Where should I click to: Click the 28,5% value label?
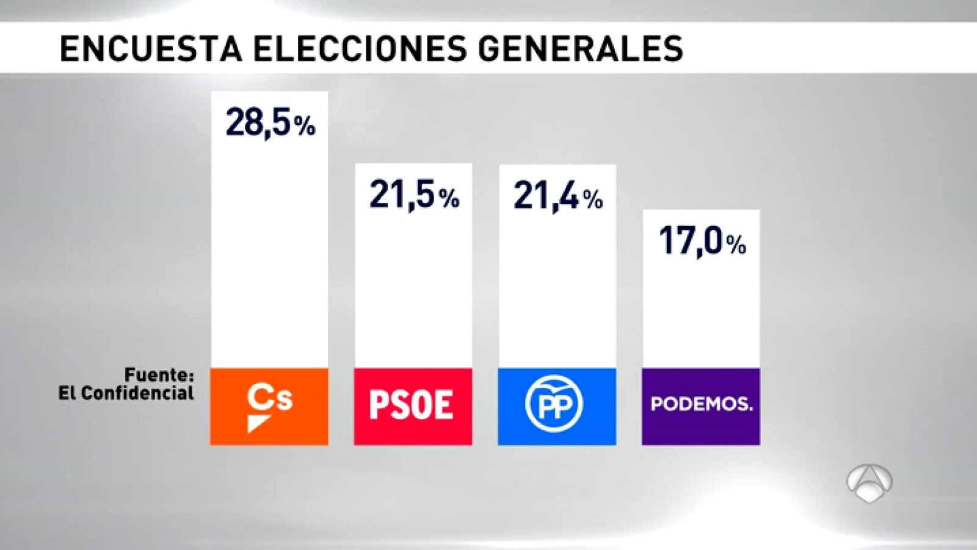point(270,123)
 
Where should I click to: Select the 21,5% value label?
point(413,196)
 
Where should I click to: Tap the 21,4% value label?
point(558,197)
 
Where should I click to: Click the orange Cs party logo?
point(269,406)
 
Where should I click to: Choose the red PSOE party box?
point(413,406)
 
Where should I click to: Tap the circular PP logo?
point(554,404)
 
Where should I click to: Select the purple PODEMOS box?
point(701,406)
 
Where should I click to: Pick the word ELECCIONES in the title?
point(360,48)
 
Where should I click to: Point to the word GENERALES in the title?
point(580,48)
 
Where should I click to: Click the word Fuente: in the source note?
point(159,375)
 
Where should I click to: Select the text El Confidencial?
point(126,393)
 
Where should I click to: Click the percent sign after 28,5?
point(305,127)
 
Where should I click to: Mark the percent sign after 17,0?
point(736,245)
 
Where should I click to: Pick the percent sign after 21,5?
point(449,199)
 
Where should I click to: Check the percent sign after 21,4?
point(592,199)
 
